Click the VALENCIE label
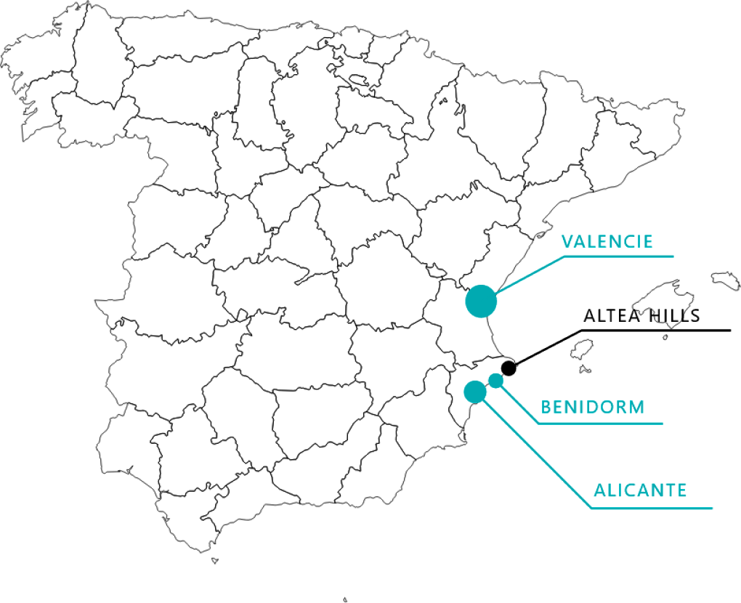[x=607, y=241]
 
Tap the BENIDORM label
[x=592, y=407]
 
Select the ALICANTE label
[x=640, y=490]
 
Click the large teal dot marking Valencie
[x=480, y=301]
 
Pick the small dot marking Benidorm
[x=495, y=380]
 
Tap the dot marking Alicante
[x=475, y=391]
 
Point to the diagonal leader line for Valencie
[x=529, y=275]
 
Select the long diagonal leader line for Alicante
[x=538, y=455]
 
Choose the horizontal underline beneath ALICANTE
[x=652, y=508]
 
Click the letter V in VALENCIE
[x=567, y=241]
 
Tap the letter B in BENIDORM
[x=546, y=407]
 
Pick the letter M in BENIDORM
[x=637, y=407]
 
